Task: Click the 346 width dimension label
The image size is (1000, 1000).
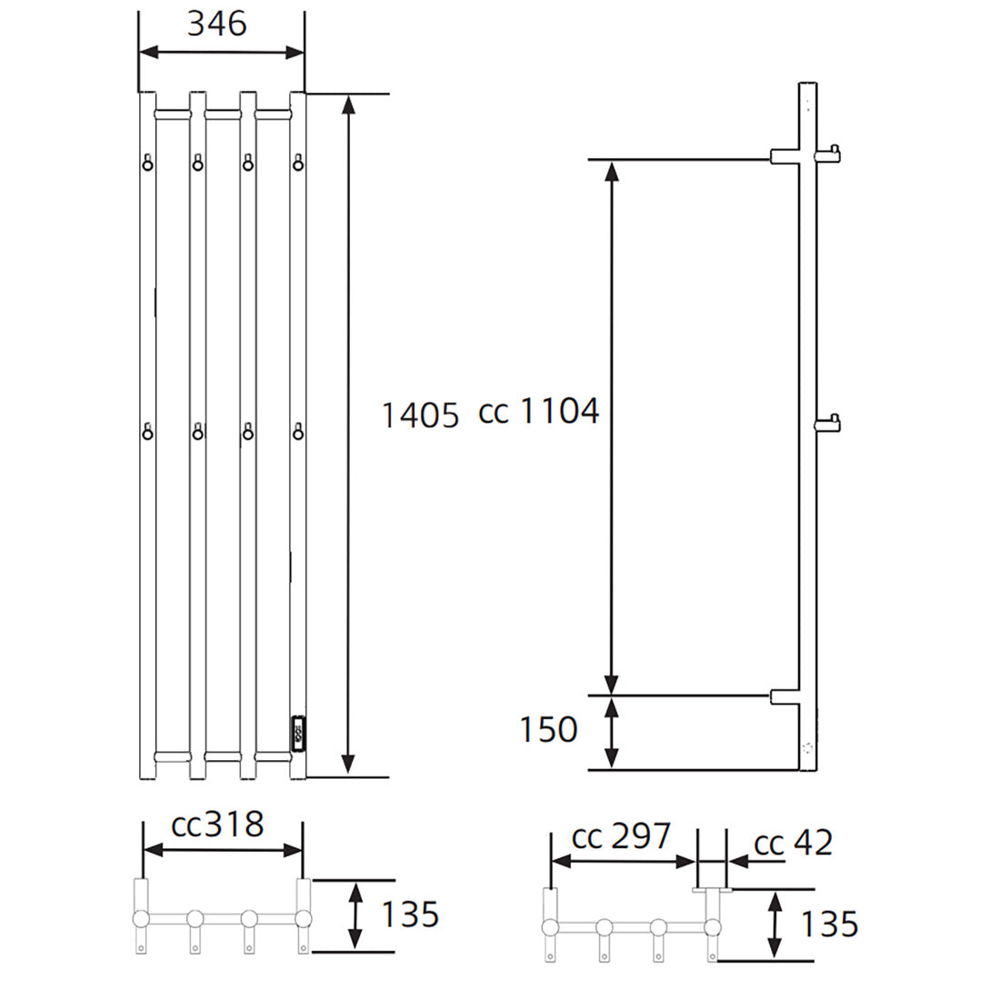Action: point(216,23)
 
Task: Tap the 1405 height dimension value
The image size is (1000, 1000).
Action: point(420,415)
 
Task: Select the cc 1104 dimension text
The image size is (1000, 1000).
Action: point(539,412)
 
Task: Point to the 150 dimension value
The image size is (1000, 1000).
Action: point(548,729)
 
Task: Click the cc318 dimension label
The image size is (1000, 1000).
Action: point(218,825)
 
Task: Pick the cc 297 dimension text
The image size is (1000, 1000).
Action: point(621,836)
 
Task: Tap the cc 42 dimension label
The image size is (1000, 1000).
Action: point(794,843)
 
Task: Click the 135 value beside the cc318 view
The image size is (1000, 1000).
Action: point(409,915)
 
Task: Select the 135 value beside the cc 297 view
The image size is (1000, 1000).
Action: point(828,925)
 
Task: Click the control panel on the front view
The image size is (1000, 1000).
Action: point(298,734)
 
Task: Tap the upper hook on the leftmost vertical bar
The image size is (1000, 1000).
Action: point(147,163)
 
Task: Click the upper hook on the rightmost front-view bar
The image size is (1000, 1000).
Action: point(297,163)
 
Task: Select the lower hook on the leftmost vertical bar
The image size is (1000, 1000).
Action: point(147,431)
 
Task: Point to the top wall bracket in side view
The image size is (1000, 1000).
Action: point(785,156)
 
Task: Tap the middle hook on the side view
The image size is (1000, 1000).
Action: point(829,423)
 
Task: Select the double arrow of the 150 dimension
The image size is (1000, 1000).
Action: point(612,732)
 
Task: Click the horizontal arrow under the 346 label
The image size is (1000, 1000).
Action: point(221,53)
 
